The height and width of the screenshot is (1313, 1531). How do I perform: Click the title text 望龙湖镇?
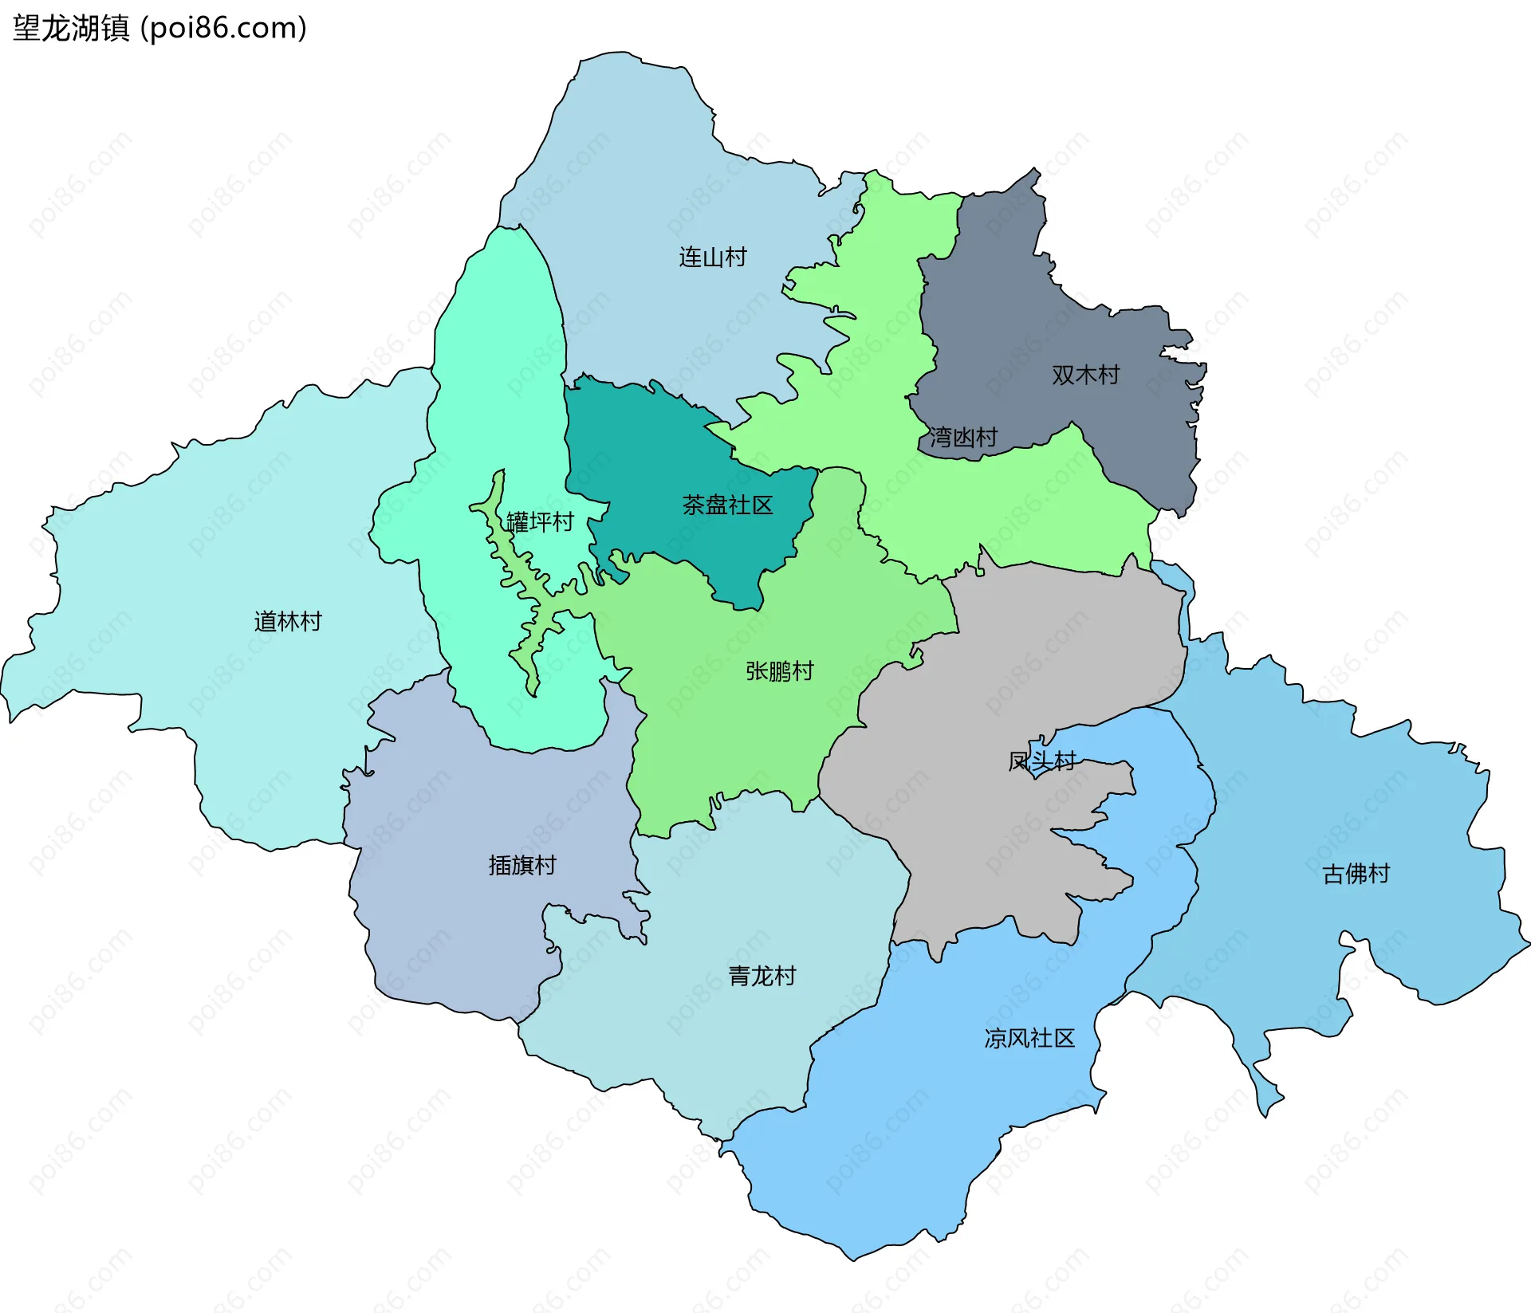(x=70, y=29)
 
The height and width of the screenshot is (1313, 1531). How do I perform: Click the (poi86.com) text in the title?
(x=223, y=29)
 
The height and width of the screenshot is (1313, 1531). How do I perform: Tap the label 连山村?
(x=712, y=257)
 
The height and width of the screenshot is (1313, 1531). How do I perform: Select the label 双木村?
(x=1085, y=375)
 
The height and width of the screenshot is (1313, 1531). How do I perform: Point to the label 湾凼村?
(x=963, y=438)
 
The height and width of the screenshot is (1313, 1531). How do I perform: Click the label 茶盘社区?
(x=727, y=505)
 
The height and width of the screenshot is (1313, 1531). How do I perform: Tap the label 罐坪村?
(x=540, y=523)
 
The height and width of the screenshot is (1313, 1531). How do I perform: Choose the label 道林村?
(x=288, y=622)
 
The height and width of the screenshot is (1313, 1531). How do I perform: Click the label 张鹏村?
(x=779, y=672)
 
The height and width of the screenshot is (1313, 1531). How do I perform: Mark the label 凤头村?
(x=1041, y=762)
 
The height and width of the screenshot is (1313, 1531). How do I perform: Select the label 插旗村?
(x=522, y=866)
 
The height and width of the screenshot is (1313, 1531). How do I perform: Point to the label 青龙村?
(x=762, y=977)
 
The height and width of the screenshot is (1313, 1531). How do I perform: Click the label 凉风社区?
(x=1029, y=1039)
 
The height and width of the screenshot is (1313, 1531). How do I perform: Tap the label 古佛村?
(x=1356, y=875)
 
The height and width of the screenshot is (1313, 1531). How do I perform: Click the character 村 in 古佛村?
(x=1379, y=875)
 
